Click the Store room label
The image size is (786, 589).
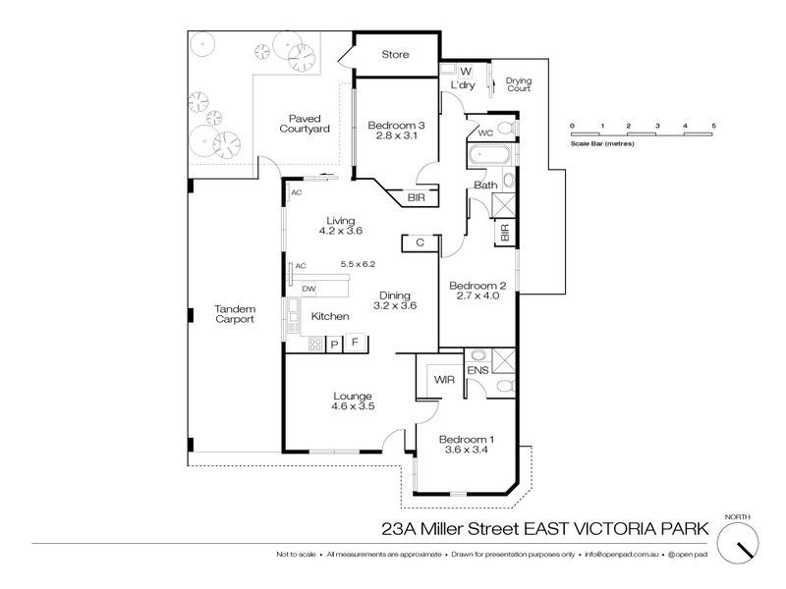click(x=394, y=54)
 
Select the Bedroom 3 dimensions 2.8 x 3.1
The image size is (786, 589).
click(x=396, y=138)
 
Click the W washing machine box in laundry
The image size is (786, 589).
click(x=466, y=71)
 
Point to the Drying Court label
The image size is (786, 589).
click(x=518, y=84)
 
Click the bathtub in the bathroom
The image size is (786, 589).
click(x=488, y=155)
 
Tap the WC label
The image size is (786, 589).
click(x=485, y=133)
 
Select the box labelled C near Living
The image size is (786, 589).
click(x=420, y=242)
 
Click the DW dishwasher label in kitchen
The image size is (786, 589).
click(x=309, y=288)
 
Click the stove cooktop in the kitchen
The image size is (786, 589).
click(x=315, y=344)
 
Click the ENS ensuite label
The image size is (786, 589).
click(x=475, y=371)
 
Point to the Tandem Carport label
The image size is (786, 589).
click(x=235, y=314)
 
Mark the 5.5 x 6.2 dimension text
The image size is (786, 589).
click(x=359, y=264)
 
